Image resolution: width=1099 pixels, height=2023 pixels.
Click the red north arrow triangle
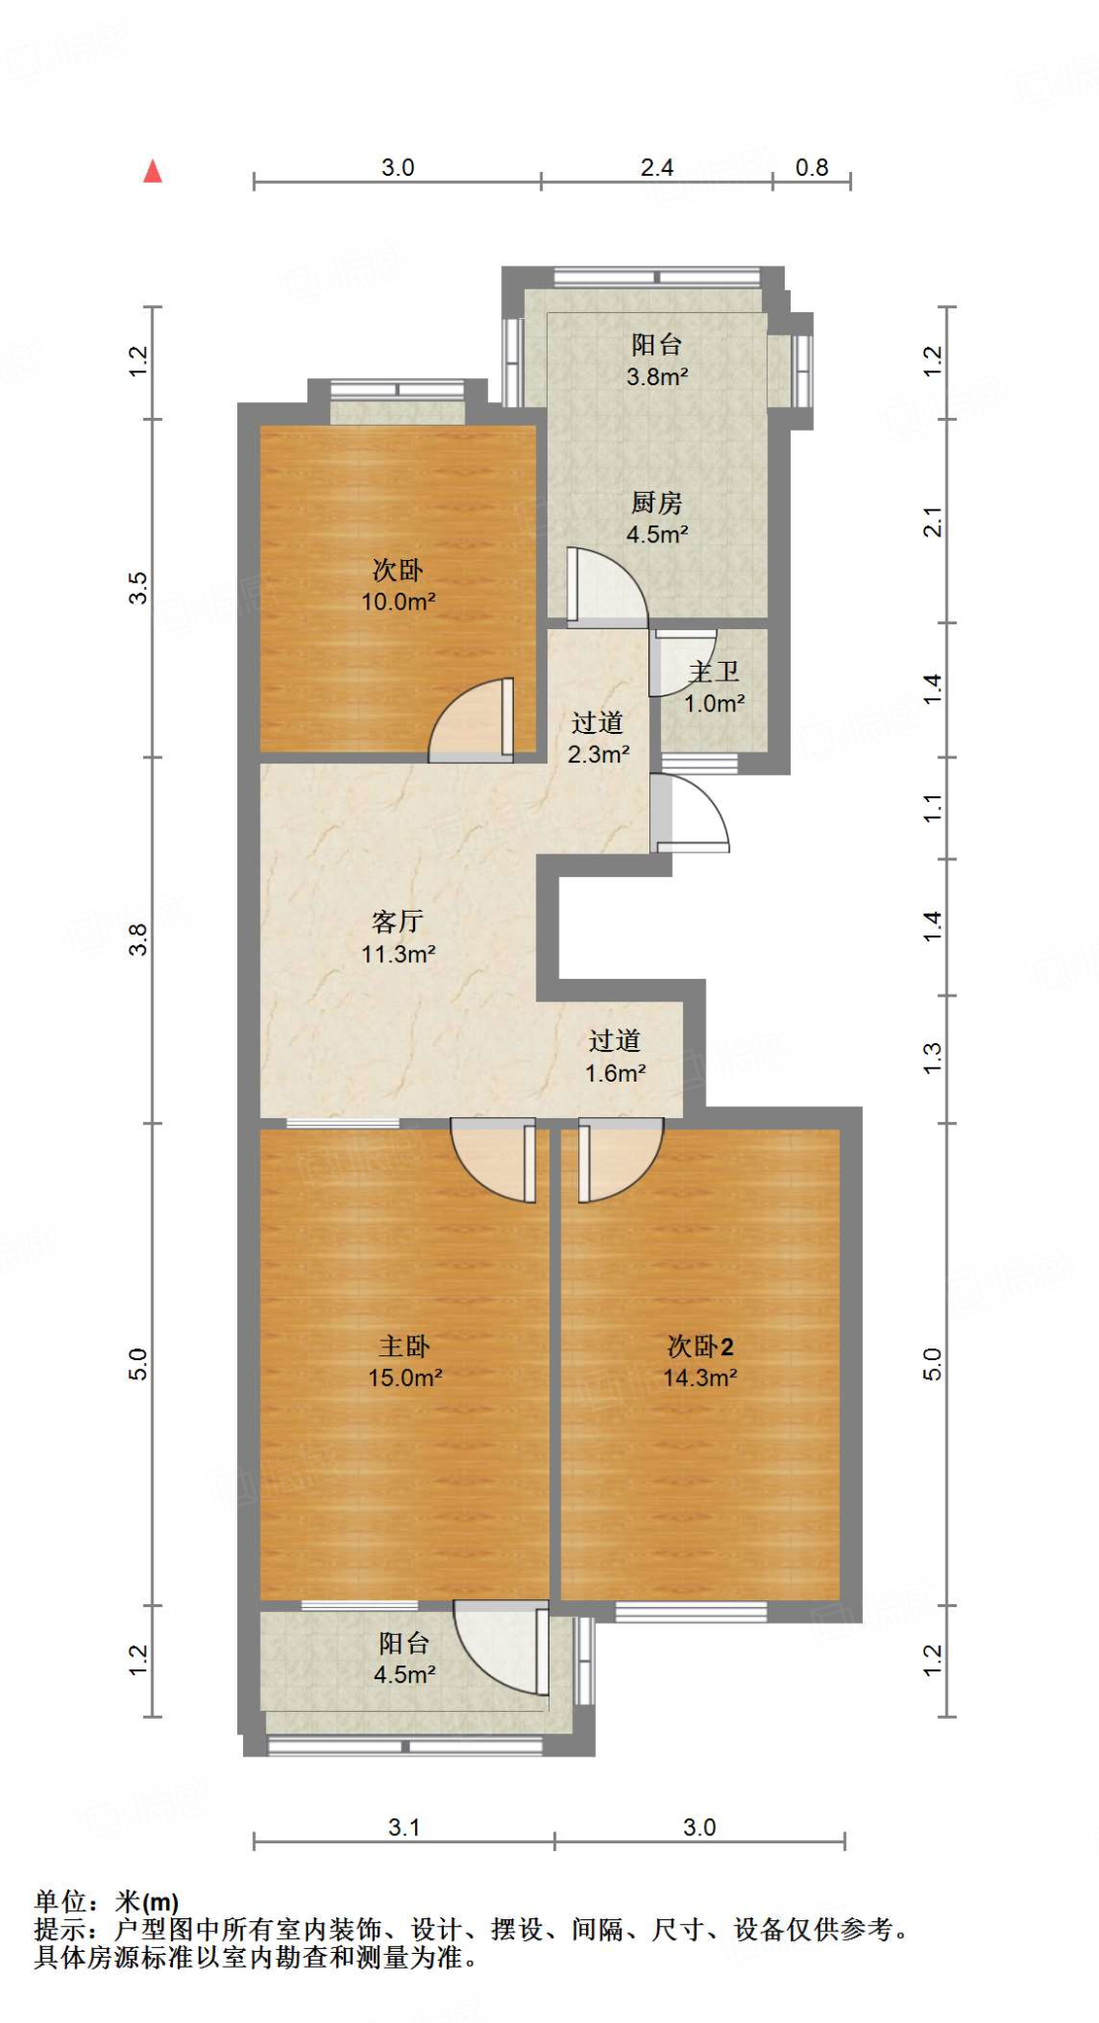tap(152, 172)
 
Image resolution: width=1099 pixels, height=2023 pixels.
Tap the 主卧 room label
tap(404, 1346)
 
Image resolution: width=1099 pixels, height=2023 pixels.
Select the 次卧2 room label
tap(700, 1346)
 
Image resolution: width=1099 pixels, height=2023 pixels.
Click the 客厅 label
tap(397, 922)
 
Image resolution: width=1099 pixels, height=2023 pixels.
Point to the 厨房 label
tap(656, 503)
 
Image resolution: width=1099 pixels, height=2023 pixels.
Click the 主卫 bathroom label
tap(714, 673)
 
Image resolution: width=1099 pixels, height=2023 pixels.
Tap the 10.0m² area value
tap(398, 602)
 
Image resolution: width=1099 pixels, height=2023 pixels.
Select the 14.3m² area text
tap(700, 1378)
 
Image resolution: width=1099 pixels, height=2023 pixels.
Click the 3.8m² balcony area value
tap(656, 376)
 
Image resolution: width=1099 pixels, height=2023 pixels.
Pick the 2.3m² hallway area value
tap(598, 755)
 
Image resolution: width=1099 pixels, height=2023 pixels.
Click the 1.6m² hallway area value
tap(615, 1074)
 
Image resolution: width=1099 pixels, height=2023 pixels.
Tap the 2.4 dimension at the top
tap(656, 168)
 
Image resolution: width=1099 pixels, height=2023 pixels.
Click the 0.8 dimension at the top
tap(811, 168)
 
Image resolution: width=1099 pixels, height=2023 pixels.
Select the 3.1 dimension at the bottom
tap(403, 1827)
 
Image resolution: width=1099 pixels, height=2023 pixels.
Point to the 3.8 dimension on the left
tap(139, 939)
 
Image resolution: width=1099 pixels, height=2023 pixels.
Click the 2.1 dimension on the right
tap(933, 521)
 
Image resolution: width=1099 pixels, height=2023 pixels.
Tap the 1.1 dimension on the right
tap(933, 808)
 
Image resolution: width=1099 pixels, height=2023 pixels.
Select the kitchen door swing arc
tap(608, 588)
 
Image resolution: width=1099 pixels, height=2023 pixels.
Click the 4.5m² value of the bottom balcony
tap(404, 1674)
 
